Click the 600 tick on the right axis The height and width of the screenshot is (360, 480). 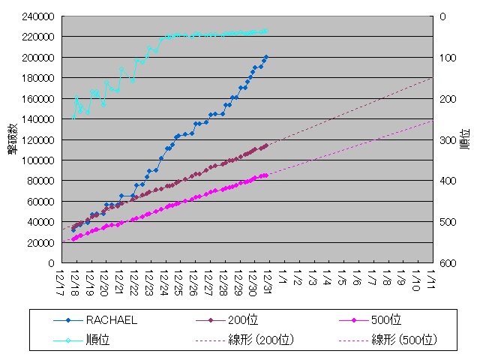(x=447, y=263)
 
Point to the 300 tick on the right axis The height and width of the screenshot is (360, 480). (x=447, y=140)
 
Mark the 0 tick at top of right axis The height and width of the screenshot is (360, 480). (x=442, y=16)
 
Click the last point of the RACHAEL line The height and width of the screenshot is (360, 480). (x=266, y=56)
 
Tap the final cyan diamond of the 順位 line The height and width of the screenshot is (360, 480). (x=266, y=31)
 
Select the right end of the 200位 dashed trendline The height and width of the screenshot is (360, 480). (x=433, y=77)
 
